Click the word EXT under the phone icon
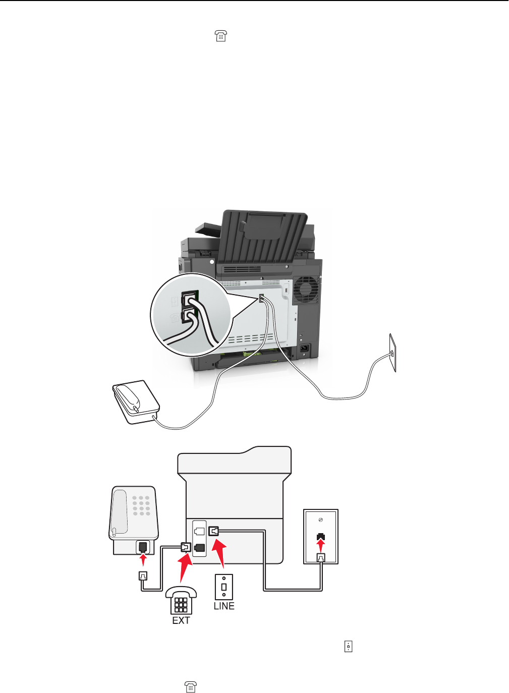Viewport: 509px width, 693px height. (x=181, y=620)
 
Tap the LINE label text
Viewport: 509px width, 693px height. (x=224, y=606)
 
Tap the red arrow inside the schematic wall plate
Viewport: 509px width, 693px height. (x=320, y=545)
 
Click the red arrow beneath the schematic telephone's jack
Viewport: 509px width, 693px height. (x=143, y=560)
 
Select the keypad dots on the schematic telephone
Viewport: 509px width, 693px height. (x=141, y=505)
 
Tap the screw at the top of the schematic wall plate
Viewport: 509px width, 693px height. (x=321, y=520)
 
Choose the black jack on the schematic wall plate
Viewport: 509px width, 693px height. (x=320, y=536)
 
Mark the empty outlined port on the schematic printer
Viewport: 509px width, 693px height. (x=199, y=531)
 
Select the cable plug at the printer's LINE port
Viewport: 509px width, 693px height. (x=214, y=531)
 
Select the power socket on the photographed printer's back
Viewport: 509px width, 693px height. (x=304, y=348)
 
